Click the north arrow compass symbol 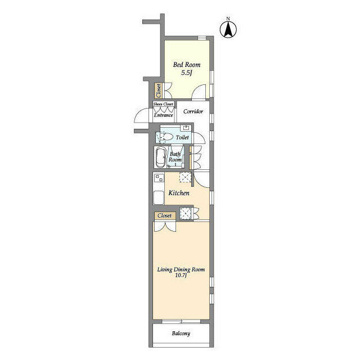point(228,29)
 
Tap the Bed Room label point(187,65)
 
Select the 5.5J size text point(186,73)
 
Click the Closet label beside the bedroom point(159,91)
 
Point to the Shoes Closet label point(163,104)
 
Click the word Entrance point(163,115)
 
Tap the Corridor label point(193,111)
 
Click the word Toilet point(182,137)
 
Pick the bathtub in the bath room point(161,157)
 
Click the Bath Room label point(175,157)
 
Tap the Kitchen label point(179,193)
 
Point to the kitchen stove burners point(159,178)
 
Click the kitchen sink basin point(159,198)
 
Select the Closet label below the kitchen point(165,215)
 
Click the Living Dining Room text point(181,269)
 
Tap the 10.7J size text point(181,275)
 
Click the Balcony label point(181,334)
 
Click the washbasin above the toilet point(186,128)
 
